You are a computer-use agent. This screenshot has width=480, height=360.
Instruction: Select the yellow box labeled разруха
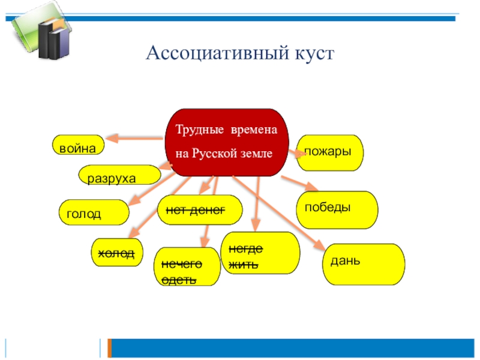[120, 175]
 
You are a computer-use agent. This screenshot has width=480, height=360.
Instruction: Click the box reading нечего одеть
[188, 266]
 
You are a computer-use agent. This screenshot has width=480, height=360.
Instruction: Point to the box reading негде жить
[260, 253]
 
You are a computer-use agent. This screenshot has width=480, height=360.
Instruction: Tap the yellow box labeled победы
[338, 209]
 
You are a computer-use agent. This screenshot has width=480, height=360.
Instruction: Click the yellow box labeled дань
[364, 263]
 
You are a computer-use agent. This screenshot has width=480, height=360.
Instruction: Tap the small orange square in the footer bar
[109, 347]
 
